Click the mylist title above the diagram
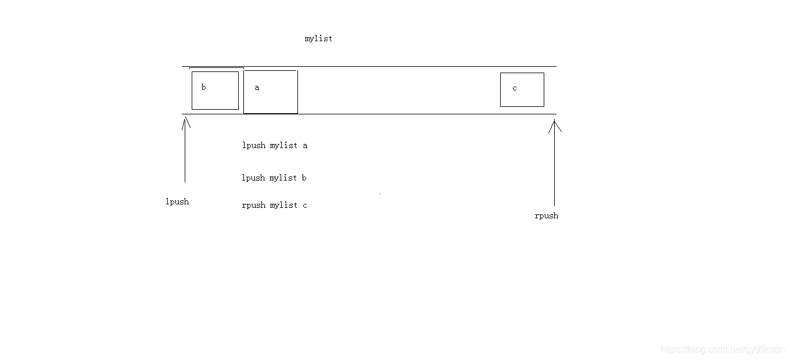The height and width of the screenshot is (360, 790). coord(318,38)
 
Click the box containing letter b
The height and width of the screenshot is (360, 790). coord(215,90)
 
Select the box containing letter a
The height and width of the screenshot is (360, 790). coord(270,92)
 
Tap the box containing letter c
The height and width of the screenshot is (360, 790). coord(522,89)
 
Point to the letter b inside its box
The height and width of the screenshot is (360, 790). coord(203,88)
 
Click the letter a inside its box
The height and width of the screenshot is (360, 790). coord(257,88)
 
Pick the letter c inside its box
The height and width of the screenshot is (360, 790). coord(515,88)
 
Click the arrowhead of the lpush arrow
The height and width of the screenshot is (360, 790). coord(186,121)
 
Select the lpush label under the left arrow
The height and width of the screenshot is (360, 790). coord(177,201)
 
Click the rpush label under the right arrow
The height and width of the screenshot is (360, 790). coord(546,215)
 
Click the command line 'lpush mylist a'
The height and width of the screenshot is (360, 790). coord(274,145)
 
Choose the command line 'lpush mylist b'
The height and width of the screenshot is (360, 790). coord(274,178)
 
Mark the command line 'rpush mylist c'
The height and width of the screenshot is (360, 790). coord(274,205)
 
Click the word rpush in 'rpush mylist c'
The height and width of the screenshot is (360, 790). coord(253,205)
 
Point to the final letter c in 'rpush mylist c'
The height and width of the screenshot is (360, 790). coord(304,205)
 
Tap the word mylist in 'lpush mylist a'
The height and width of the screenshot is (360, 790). coord(283,145)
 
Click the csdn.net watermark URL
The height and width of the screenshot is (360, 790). coord(723,350)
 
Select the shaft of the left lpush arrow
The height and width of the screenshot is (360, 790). coord(185,154)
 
